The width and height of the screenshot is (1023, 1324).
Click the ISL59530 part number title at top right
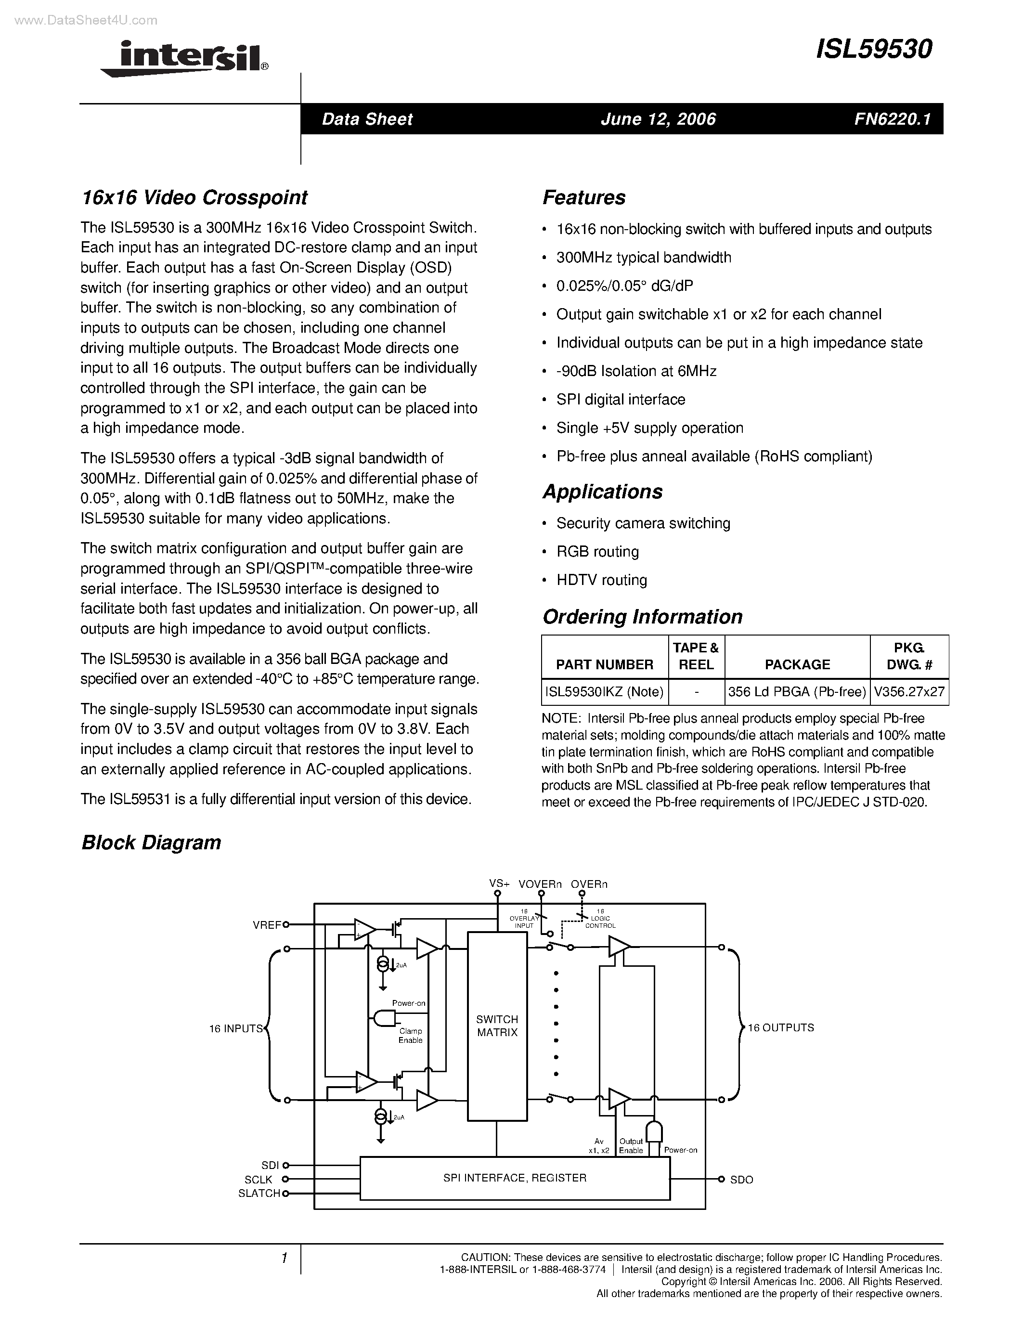tap(874, 50)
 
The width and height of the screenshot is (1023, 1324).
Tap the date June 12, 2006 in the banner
tap(658, 119)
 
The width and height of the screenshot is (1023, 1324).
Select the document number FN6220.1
tap(892, 119)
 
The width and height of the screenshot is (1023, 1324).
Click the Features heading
tap(583, 197)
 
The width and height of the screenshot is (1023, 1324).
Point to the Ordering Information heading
tap(642, 617)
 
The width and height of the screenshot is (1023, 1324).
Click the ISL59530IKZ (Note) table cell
tap(604, 692)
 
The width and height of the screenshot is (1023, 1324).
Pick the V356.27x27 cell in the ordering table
tap(909, 692)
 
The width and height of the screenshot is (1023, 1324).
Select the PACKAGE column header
tap(797, 664)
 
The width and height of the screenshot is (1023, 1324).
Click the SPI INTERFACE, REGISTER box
tap(515, 1178)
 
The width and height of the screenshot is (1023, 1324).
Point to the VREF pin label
tap(267, 925)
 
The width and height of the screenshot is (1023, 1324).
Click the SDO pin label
tap(741, 1180)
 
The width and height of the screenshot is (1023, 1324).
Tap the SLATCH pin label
tap(259, 1193)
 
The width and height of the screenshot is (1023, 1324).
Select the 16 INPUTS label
tap(236, 1029)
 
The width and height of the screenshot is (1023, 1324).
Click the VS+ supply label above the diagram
tap(499, 884)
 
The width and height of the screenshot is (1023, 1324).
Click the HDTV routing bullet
tap(601, 580)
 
